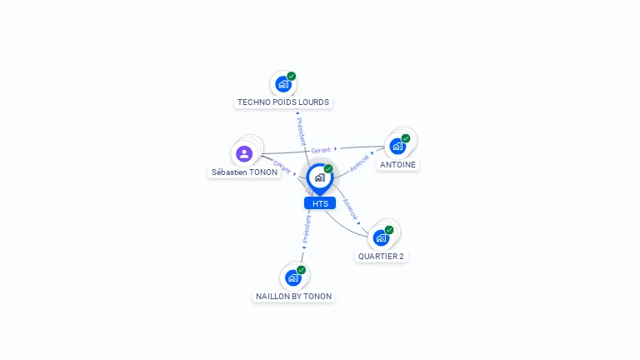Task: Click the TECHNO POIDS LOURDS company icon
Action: (283, 84)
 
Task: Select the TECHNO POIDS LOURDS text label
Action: (283, 102)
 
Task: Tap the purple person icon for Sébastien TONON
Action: (244, 153)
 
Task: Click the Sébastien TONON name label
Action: (244, 172)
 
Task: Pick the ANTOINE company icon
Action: (397, 146)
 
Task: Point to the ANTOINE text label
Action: (397, 165)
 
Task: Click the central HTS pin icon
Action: (319, 177)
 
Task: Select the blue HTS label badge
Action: (320, 203)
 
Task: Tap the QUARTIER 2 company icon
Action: (381, 237)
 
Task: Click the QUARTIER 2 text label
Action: (381, 257)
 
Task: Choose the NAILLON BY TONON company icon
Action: (293, 277)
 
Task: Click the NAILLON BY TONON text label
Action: (293, 297)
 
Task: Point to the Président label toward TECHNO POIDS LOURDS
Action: (301, 131)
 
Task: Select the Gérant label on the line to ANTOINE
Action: (321, 150)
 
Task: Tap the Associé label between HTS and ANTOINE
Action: (359, 163)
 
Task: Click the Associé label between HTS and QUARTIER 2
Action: (351, 209)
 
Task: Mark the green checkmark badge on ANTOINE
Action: (406, 138)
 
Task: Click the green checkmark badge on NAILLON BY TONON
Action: (302, 270)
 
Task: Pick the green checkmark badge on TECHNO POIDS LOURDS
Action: (292, 77)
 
